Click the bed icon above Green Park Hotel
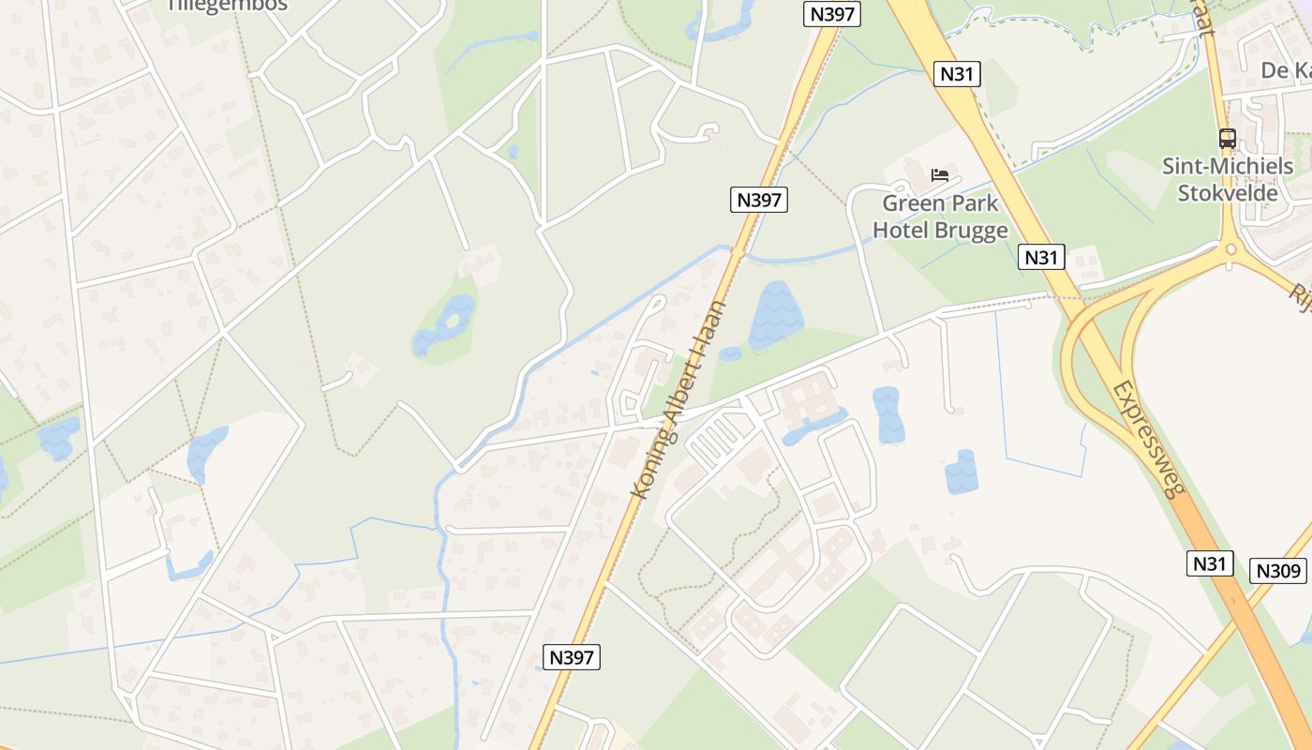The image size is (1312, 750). [940, 175]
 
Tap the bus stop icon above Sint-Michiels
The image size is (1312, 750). [1227, 139]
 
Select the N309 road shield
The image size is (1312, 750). [1278, 570]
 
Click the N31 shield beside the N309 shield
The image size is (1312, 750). [1210, 563]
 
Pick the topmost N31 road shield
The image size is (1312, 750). [957, 74]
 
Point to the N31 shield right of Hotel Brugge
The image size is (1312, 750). [1040, 257]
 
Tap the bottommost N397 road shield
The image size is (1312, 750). [572, 657]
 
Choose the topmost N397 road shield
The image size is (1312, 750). [832, 14]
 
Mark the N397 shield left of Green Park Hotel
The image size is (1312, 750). [759, 200]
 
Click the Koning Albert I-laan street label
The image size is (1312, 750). [679, 400]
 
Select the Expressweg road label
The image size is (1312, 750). [1149, 439]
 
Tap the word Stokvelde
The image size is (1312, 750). [1228, 194]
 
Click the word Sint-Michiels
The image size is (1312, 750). [1228, 167]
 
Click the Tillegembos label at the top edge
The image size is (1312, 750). [226, 6]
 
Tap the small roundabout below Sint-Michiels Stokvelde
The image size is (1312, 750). [1230, 249]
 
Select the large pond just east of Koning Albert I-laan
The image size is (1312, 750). [775, 314]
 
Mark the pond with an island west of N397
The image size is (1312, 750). [447, 323]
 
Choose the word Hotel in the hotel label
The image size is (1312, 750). [904, 230]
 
